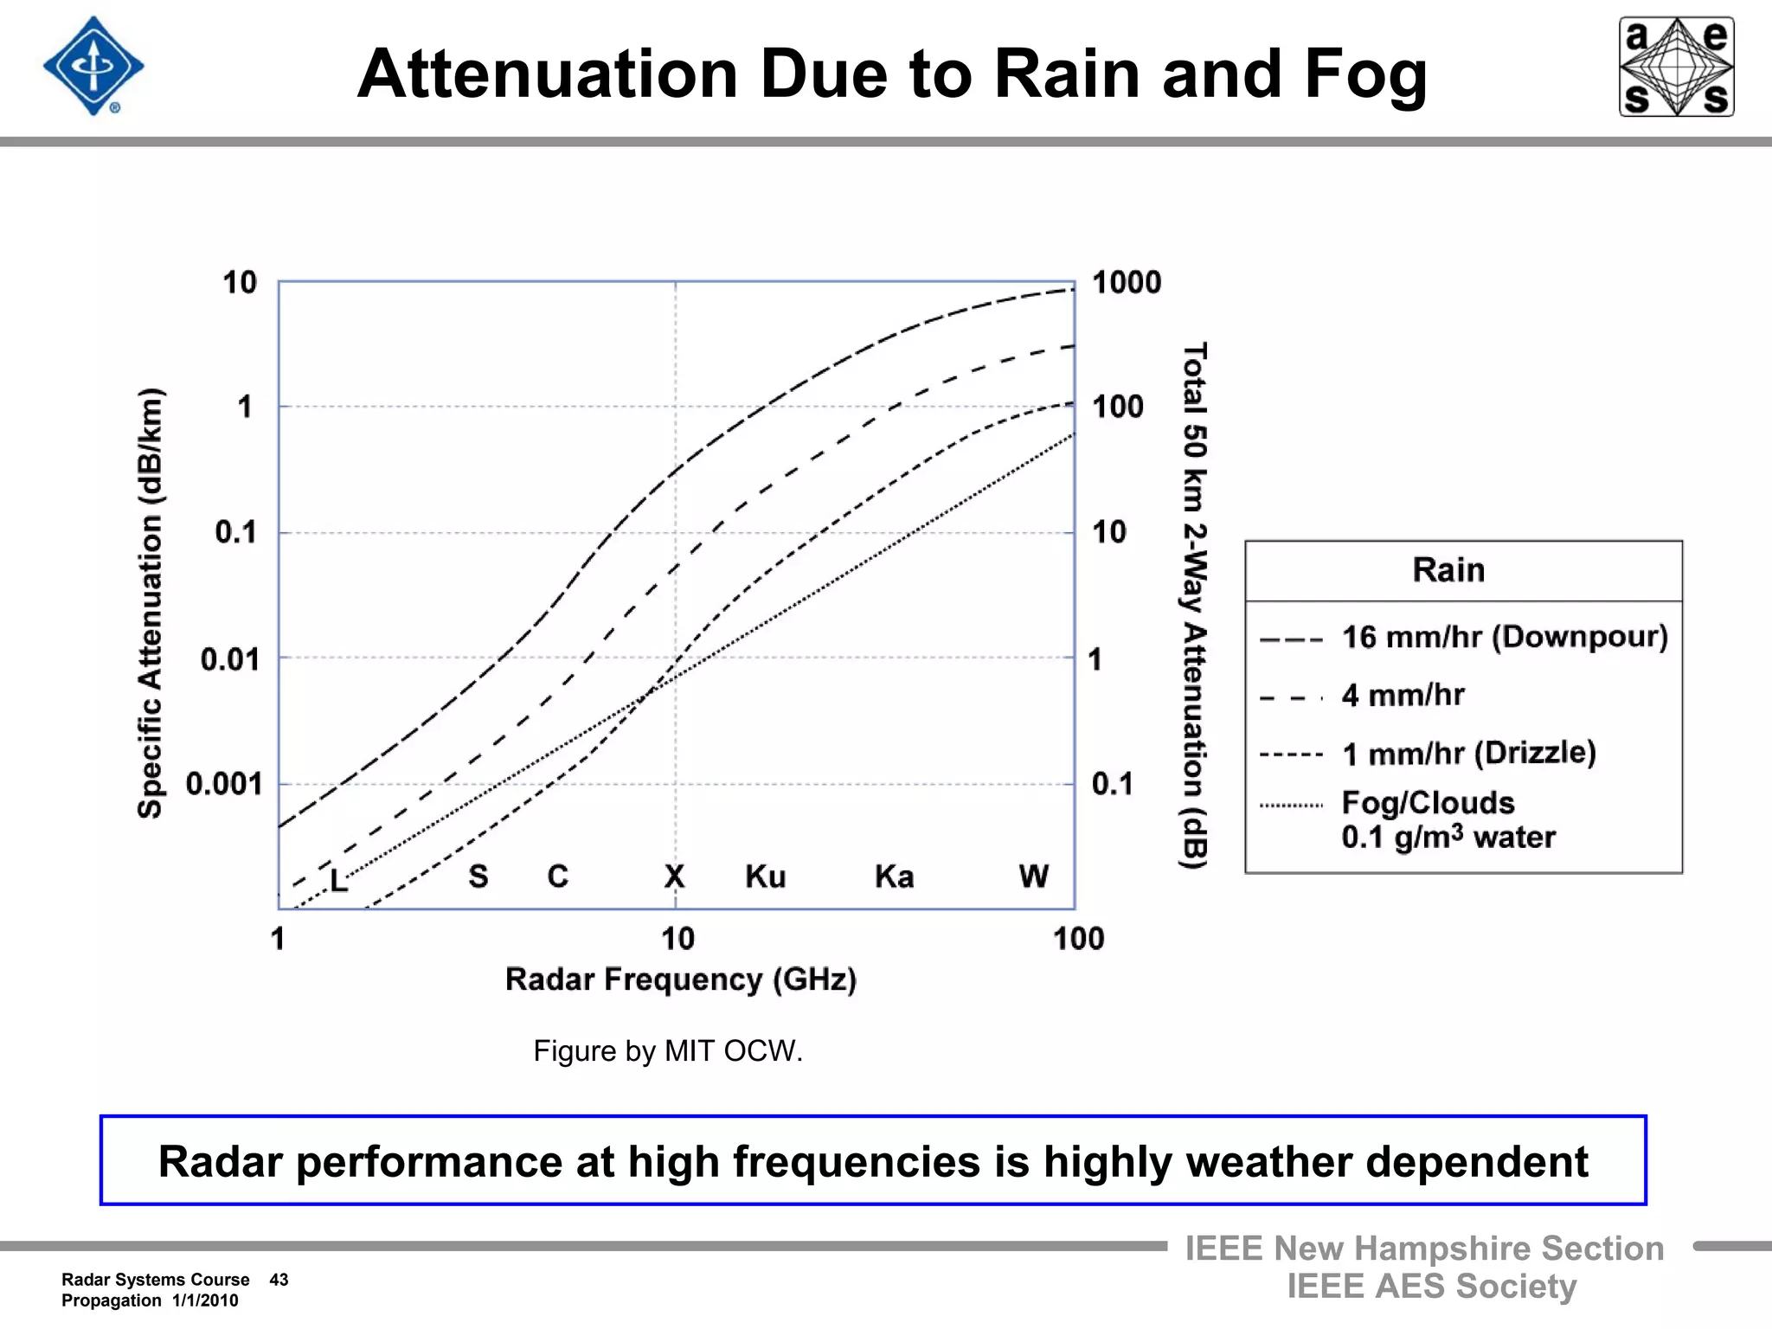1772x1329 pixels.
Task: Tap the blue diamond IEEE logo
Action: click(x=93, y=67)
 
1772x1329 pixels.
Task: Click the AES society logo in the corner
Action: click(x=1676, y=67)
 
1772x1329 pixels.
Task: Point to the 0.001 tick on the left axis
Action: click(x=223, y=784)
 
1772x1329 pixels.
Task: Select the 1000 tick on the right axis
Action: click(x=1126, y=283)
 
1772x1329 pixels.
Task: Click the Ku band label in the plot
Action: click(x=766, y=876)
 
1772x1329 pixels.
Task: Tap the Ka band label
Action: click(x=894, y=876)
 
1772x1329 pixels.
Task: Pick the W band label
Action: click(x=1033, y=876)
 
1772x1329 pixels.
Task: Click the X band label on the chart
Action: click(x=674, y=876)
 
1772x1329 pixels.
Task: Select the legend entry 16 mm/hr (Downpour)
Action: click(x=1504, y=637)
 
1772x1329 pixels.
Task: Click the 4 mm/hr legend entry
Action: click(x=1403, y=695)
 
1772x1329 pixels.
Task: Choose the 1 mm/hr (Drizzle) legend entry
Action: click(x=1468, y=753)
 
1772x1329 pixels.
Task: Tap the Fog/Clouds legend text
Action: click(x=1428, y=803)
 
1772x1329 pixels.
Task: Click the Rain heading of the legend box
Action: click(x=1448, y=570)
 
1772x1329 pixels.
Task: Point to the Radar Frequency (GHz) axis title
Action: click(x=681, y=979)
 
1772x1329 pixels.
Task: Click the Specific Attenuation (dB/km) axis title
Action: click(x=151, y=603)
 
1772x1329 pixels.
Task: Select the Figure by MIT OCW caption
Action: click(x=668, y=1051)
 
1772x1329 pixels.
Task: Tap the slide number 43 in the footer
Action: click(x=279, y=1280)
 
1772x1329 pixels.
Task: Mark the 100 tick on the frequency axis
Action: click(x=1078, y=939)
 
